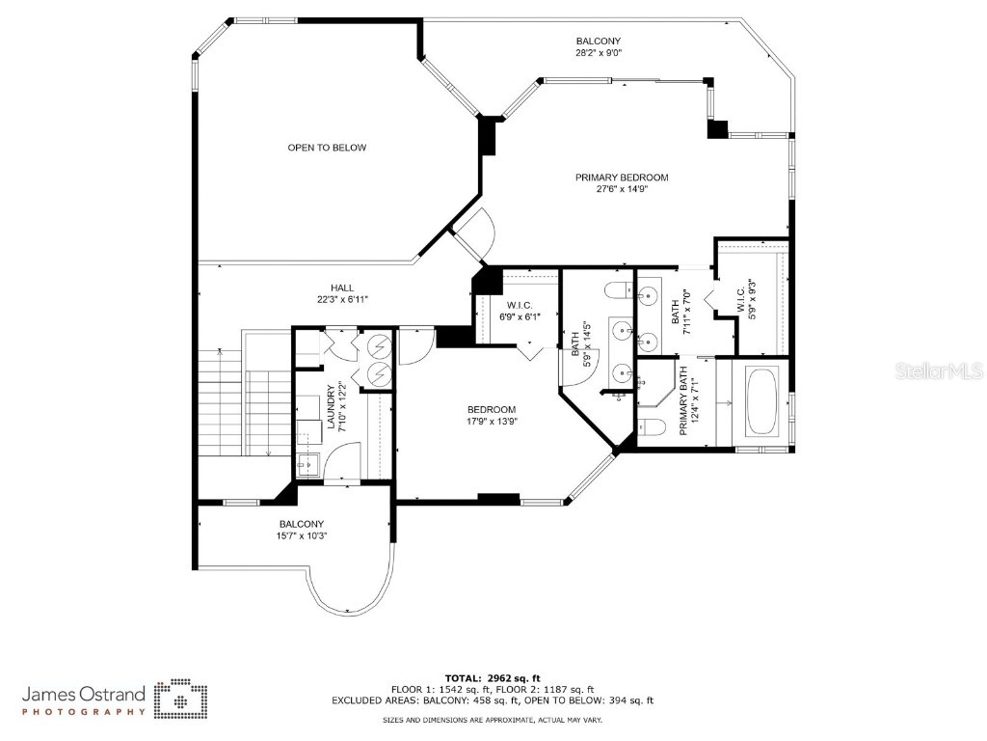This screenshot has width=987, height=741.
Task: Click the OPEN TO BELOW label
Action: tap(327, 148)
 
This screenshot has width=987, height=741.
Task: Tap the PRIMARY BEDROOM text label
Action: tap(622, 178)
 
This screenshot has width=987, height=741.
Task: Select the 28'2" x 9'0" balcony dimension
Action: tap(598, 53)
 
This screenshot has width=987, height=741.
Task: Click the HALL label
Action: tap(342, 288)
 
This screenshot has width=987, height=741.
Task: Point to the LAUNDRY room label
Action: tap(331, 409)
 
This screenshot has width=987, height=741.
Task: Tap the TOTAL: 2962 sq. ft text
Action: tap(493, 677)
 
